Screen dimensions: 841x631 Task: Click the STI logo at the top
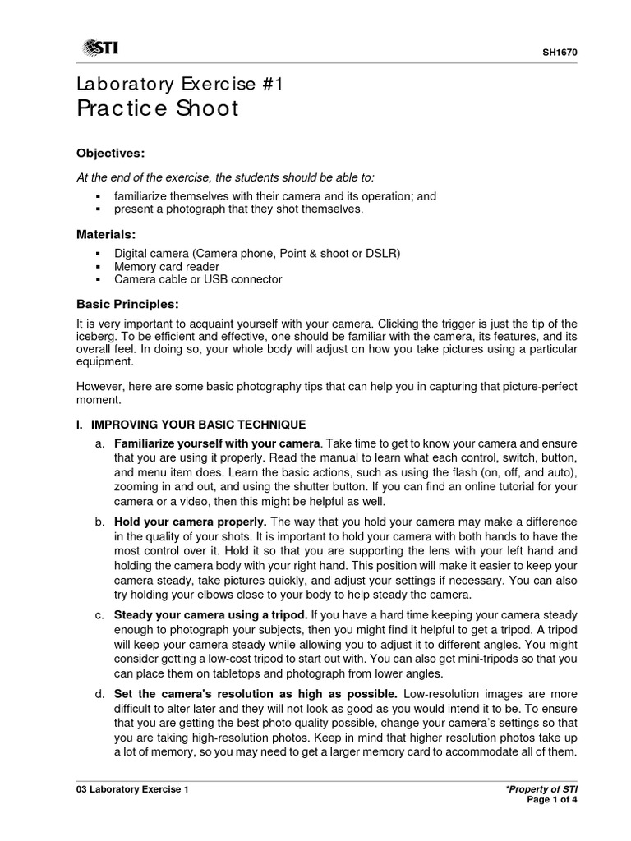(99, 49)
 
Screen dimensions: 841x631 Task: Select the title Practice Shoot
(157, 109)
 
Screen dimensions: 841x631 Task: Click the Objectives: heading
(110, 153)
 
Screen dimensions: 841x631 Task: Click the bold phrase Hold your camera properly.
(190, 522)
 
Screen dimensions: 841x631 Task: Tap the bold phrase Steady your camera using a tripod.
(211, 614)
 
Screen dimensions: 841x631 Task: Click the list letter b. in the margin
(100, 522)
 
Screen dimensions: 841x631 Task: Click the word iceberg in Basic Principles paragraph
(94, 337)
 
